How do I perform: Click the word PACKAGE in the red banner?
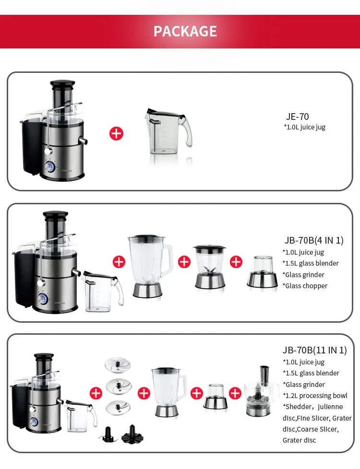click(185, 31)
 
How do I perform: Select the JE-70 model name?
click(297, 117)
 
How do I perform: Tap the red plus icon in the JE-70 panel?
click(117, 133)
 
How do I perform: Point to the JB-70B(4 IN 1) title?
click(313, 240)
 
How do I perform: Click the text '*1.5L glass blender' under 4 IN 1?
click(311, 263)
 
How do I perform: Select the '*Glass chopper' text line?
click(305, 286)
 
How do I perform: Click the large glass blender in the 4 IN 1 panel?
click(150, 266)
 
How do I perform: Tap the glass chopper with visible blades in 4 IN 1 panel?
click(209, 267)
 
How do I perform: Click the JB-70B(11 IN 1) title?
click(314, 350)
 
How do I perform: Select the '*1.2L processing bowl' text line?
click(315, 396)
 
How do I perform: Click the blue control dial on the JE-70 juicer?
click(50, 166)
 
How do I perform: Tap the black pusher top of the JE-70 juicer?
click(62, 84)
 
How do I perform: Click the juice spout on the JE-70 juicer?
click(83, 141)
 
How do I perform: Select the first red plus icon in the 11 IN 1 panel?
click(96, 393)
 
